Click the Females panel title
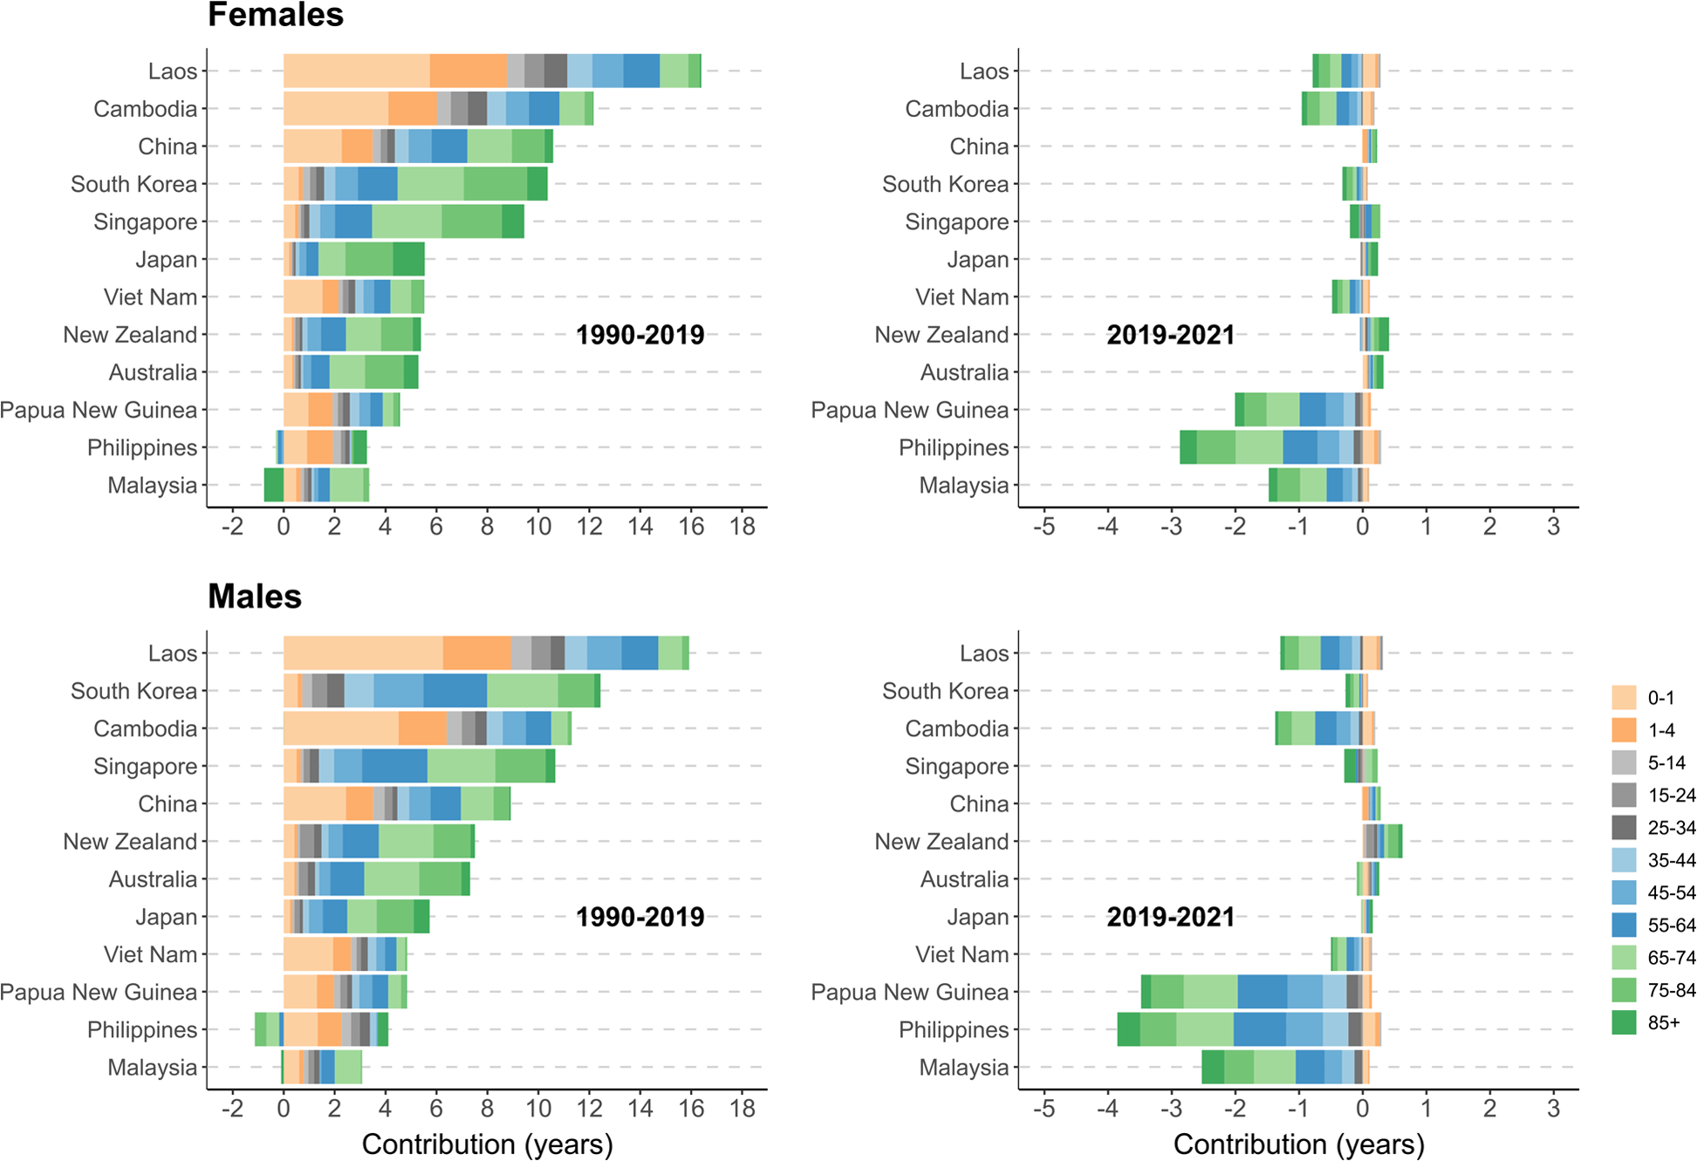coord(276,15)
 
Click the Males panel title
coord(255,597)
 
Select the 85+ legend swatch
coord(1624,1022)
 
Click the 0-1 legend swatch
coord(1624,697)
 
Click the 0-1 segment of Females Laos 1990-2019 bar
coord(356,71)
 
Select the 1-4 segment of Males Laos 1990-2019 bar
coord(476,652)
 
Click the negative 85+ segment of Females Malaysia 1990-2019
coord(274,485)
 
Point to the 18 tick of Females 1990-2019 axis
coord(742,526)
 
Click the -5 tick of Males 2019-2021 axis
coord(1044,1109)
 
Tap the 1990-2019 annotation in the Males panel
coord(640,917)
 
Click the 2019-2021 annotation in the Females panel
coord(1170,335)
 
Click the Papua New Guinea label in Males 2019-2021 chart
coord(909,992)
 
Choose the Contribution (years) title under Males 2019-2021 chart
coord(1298,1144)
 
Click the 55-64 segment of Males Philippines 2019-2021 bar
coord(1259,1029)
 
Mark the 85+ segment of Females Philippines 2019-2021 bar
coord(1187,447)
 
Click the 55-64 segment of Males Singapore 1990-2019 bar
coord(394,766)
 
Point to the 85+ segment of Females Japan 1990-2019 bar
coord(408,259)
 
